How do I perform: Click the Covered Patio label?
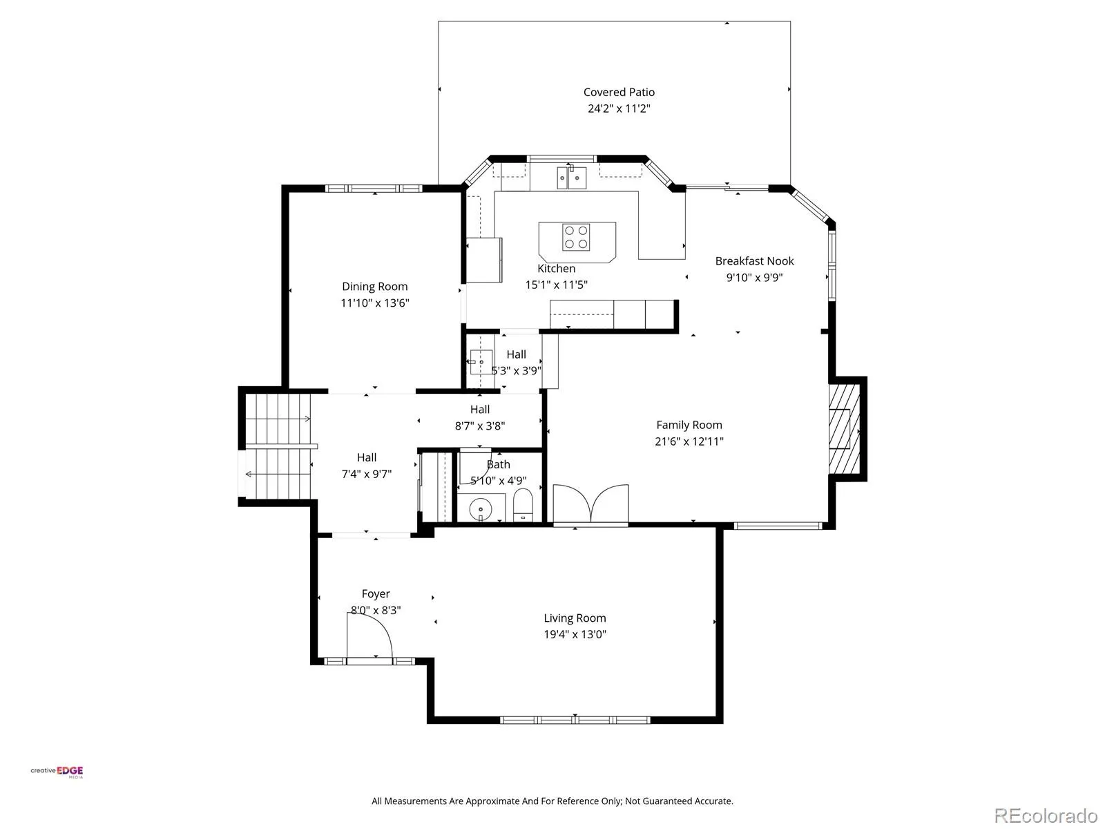coord(619,92)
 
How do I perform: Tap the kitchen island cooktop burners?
coord(576,237)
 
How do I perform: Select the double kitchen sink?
coord(571,178)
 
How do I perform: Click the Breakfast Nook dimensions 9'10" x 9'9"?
coord(754,277)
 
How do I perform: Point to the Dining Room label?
coord(374,287)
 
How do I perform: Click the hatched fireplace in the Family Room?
coord(844,429)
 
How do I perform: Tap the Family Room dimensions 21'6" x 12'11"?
coord(689,441)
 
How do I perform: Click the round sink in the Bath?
coord(480,509)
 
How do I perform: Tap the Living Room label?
coord(575,618)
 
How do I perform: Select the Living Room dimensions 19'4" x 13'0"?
coord(575,634)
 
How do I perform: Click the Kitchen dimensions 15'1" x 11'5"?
coord(556,285)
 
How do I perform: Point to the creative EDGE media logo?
coord(57,772)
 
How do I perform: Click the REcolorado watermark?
coord(1046,815)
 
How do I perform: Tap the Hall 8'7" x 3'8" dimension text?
coord(480,426)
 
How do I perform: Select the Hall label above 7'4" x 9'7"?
coord(367,457)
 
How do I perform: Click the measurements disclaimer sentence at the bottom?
coord(552,801)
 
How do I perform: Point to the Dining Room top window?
coord(374,189)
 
